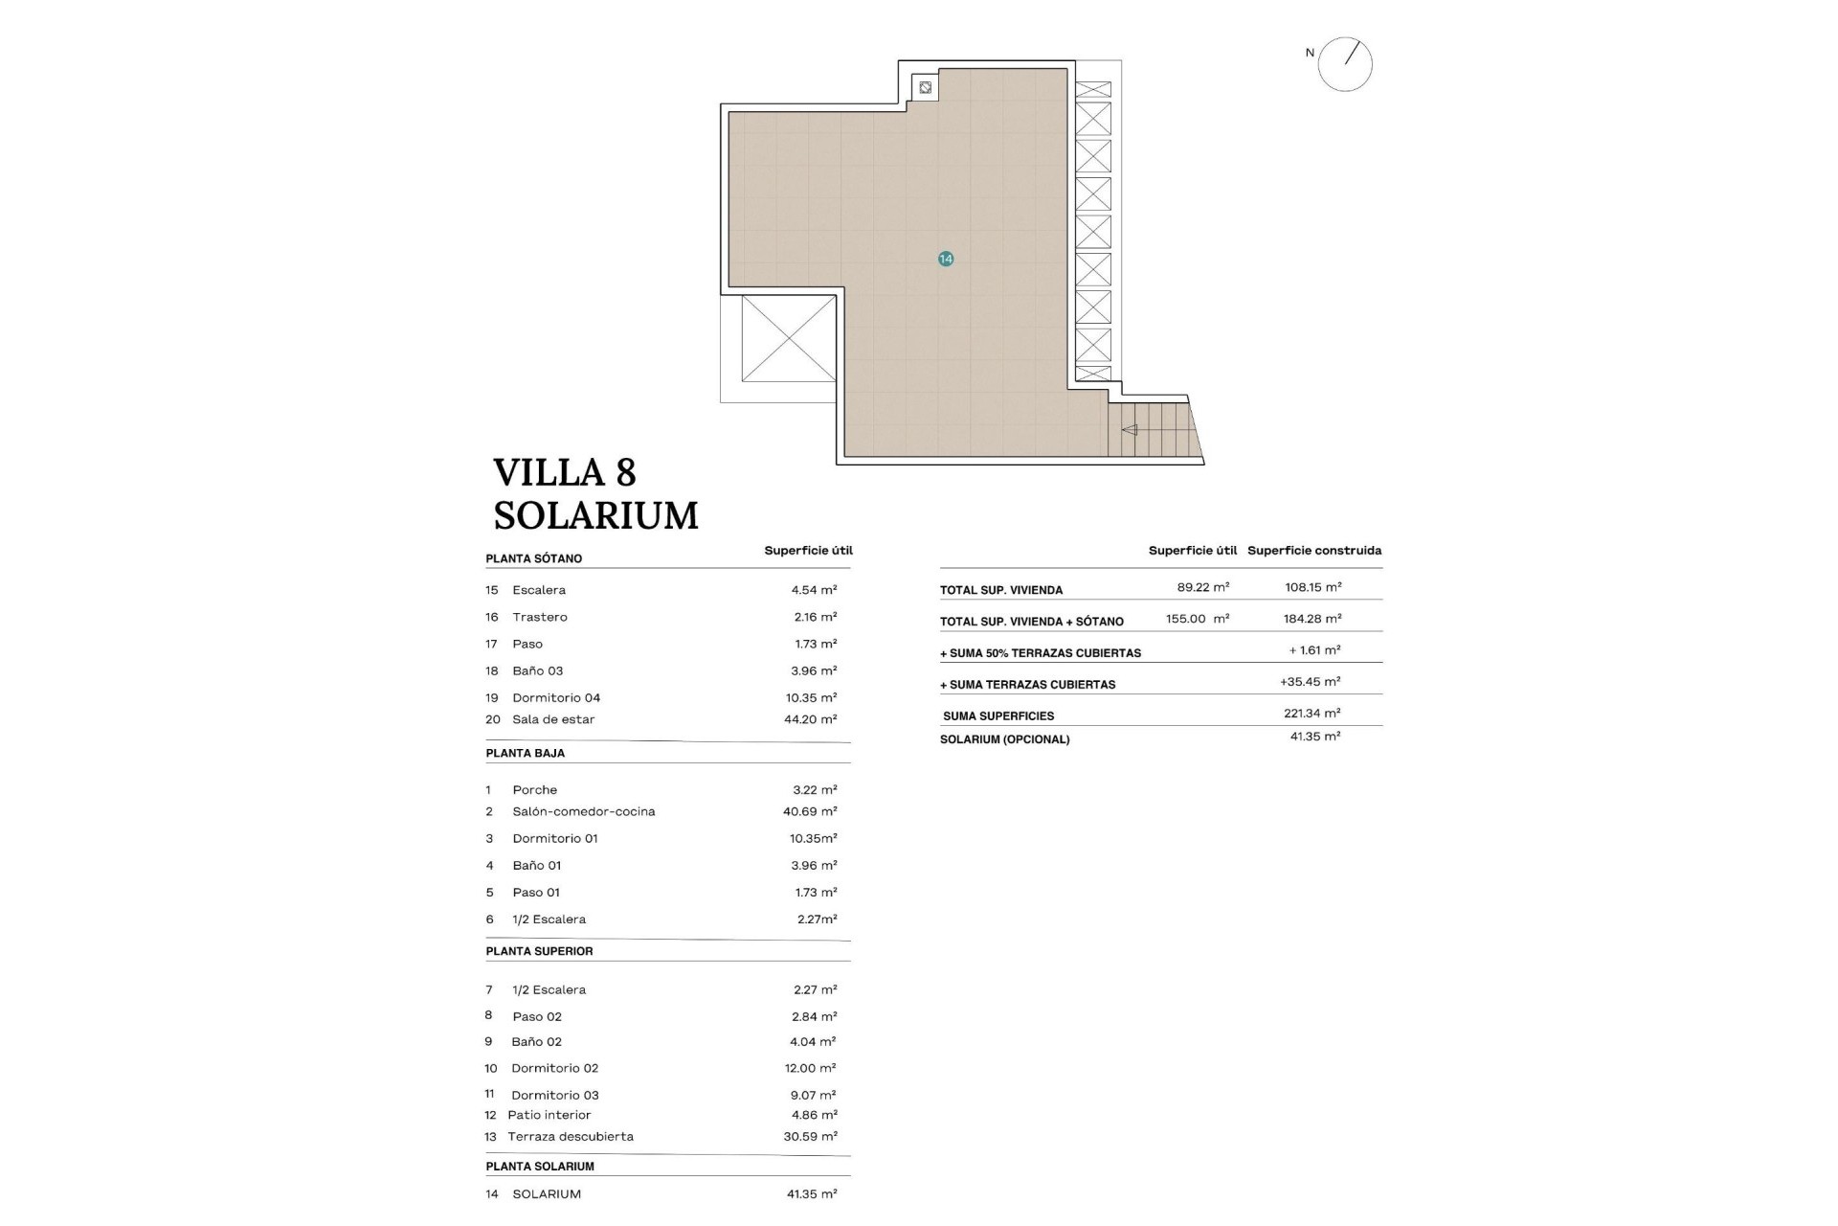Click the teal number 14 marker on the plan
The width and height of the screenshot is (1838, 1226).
click(946, 259)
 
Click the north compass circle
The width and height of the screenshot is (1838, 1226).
click(1345, 64)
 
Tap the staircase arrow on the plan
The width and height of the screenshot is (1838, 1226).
click(1130, 430)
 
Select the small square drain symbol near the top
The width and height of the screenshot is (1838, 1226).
click(925, 88)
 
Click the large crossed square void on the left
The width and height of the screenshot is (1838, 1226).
click(789, 338)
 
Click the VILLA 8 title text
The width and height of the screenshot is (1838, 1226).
click(565, 473)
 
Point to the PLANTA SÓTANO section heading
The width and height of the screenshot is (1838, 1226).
click(533, 558)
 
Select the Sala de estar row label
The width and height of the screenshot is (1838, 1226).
click(553, 719)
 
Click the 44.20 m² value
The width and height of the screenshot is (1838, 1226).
click(810, 719)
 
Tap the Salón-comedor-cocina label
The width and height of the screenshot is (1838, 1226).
click(583, 811)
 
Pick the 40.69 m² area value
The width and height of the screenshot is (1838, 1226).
click(810, 811)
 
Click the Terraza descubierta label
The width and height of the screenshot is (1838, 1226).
click(571, 1137)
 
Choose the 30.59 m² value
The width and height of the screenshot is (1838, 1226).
click(810, 1137)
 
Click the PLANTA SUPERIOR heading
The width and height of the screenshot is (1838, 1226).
click(539, 951)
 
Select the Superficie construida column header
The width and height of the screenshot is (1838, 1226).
click(1314, 551)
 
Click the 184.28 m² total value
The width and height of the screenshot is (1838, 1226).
click(1312, 619)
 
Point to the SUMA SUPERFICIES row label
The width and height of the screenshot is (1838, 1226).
click(998, 716)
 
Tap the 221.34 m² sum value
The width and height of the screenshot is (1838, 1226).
click(1311, 714)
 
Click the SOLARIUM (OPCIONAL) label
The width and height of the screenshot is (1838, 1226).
click(1004, 739)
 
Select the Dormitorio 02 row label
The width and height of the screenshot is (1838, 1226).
click(554, 1068)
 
